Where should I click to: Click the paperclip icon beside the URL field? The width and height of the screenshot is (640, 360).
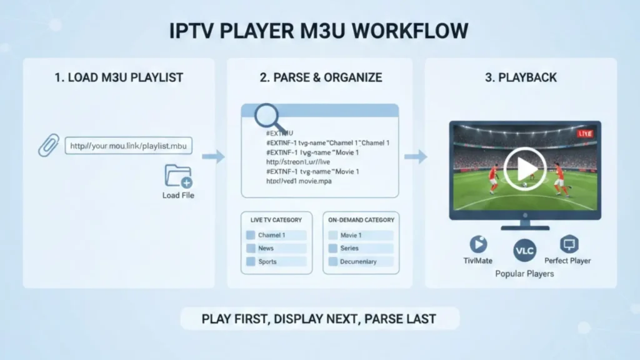point(48,146)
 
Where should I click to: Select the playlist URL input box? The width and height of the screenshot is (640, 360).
point(129,146)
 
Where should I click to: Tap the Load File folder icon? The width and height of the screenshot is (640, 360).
point(178,177)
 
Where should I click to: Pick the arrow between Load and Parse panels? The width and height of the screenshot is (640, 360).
point(213,156)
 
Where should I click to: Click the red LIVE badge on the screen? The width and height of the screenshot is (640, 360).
point(585,134)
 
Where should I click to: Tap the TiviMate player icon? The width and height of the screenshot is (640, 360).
point(478,244)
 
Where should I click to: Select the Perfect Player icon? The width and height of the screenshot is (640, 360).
point(569,244)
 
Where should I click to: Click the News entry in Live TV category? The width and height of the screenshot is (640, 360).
point(276,248)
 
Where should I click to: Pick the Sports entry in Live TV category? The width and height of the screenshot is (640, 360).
point(276,262)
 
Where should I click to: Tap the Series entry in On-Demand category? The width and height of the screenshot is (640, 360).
point(359,248)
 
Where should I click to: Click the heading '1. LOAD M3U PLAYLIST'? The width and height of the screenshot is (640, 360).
point(118,78)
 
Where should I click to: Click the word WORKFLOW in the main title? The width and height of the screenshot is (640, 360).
point(416,31)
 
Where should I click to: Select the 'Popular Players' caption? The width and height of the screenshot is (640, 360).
point(524,274)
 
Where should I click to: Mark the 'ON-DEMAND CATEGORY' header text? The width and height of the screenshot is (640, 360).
point(361,220)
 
